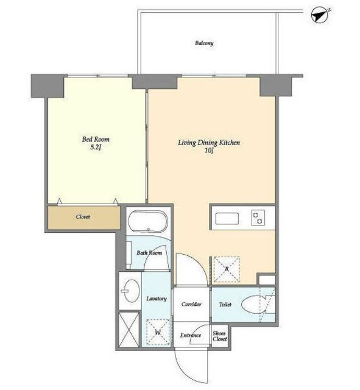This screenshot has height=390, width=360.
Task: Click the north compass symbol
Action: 320,16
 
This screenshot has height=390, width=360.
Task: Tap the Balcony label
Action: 204,43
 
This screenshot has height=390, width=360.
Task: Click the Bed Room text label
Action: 96,139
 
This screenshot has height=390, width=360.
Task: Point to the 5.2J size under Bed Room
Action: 96,147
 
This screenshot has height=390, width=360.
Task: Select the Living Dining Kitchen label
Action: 209,143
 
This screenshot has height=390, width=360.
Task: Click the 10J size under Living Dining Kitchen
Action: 209,151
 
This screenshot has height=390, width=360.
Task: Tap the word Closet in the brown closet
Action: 83,217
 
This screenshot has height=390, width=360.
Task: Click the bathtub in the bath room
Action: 148,221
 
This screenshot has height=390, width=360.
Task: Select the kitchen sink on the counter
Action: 227,218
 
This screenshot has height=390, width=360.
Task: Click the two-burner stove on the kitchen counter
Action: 258,218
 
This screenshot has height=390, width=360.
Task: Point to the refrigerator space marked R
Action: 227,269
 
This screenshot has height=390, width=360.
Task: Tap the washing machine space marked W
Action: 158,332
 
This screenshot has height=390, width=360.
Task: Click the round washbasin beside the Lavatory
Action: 132,291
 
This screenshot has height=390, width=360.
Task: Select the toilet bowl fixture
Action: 256,305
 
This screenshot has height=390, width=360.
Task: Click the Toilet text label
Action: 225,304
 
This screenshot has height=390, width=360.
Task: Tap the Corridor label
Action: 191,304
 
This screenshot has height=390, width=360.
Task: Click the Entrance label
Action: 191,335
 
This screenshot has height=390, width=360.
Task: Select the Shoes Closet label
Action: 220,336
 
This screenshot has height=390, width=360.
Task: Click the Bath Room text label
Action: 149,253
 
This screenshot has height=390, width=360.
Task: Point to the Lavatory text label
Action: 157,299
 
